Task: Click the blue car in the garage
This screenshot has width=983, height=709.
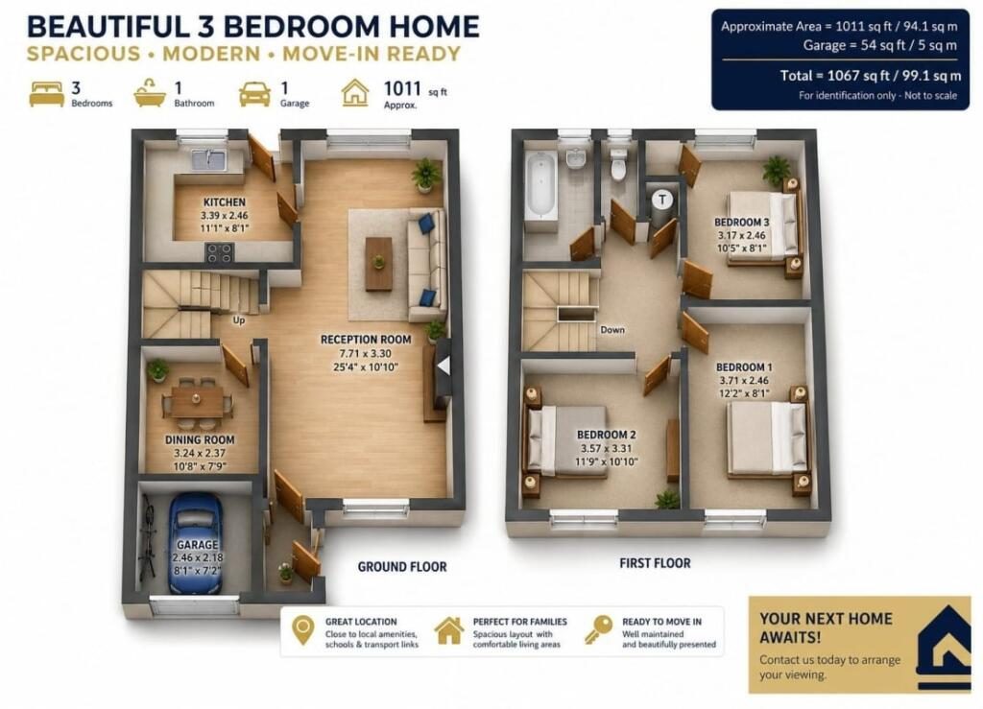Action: (196, 544)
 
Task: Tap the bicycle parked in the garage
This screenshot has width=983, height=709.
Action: (148, 537)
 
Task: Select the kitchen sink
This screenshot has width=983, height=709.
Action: (208, 159)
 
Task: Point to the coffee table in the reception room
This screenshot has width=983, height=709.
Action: (378, 264)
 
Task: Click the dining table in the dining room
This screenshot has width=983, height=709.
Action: (197, 401)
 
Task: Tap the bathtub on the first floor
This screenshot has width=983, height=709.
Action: (540, 185)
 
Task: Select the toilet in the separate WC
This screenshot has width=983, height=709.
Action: (619, 165)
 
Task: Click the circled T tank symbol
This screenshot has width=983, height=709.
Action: (662, 200)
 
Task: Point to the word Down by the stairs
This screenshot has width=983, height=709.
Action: (612, 329)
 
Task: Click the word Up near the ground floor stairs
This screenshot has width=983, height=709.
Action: (239, 320)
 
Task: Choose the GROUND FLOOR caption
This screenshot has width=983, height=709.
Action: (402, 567)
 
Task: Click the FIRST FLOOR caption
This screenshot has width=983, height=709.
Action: (655, 563)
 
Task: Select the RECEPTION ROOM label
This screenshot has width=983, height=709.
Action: (366, 340)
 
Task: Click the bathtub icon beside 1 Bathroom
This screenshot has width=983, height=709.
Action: (150, 93)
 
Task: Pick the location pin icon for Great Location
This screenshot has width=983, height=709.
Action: (303, 630)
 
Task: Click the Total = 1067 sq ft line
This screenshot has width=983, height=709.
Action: (870, 76)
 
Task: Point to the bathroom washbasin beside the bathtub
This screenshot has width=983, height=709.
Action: (575, 158)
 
